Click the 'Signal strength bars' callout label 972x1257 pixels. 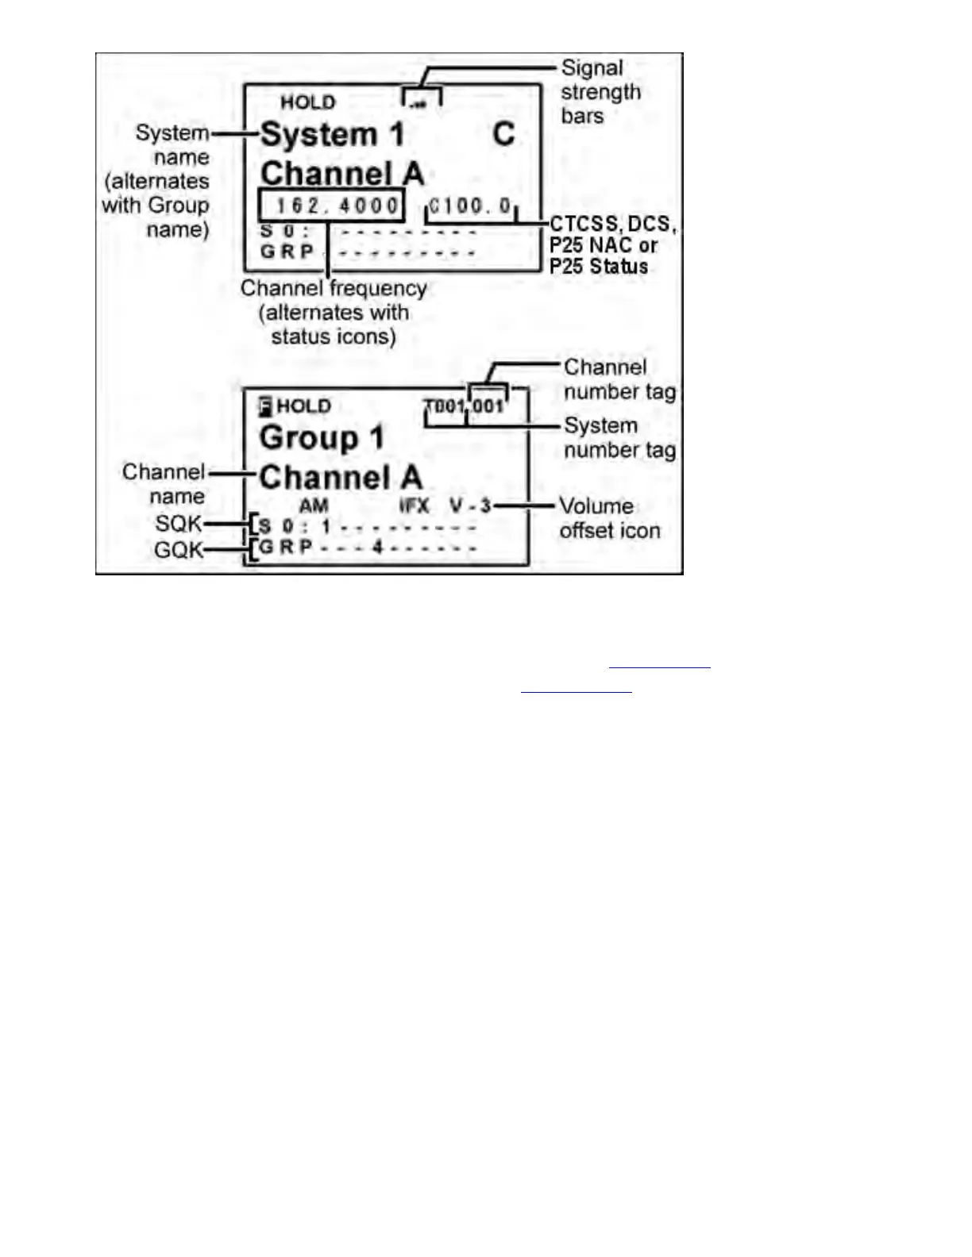600,92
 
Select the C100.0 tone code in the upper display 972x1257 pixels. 470,206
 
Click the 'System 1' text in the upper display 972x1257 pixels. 332,135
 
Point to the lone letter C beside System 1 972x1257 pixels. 503,134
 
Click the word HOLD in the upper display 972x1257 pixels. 307,102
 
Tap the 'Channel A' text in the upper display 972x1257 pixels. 341,173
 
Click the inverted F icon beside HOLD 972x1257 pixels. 265,407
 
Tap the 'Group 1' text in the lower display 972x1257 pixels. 321,437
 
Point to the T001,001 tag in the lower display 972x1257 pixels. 465,407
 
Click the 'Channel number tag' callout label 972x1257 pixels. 619,379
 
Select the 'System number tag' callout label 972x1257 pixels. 619,438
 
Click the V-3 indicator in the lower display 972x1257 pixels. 470,505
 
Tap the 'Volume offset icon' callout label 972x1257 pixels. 608,518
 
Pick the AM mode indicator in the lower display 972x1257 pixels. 314,505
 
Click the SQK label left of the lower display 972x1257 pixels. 179,524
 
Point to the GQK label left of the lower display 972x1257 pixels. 179,549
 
